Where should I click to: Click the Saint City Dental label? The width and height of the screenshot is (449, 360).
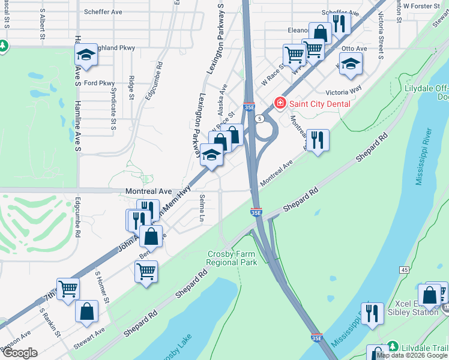click(x=320, y=103)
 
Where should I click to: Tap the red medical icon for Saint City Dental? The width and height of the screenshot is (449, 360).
click(x=279, y=103)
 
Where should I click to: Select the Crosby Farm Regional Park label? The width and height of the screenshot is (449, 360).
click(x=232, y=258)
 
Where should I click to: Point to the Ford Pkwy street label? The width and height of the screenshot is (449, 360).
click(x=99, y=83)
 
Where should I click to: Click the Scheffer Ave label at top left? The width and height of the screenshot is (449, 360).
click(x=103, y=11)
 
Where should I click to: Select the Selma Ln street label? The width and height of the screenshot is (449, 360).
click(x=202, y=207)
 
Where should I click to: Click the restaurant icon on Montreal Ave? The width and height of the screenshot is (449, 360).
click(x=317, y=141)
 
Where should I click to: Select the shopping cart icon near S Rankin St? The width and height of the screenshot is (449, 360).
click(x=68, y=289)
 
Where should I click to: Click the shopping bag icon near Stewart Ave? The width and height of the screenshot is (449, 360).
click(x=87, y=311)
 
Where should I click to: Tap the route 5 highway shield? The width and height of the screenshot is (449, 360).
click(x=259, y=119)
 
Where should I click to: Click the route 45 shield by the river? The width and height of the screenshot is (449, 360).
click(x=405, y=271)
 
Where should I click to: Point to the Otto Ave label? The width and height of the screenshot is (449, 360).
click(x=354, y=48)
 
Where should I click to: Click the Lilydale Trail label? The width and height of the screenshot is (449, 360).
click(x=424, y=348)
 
